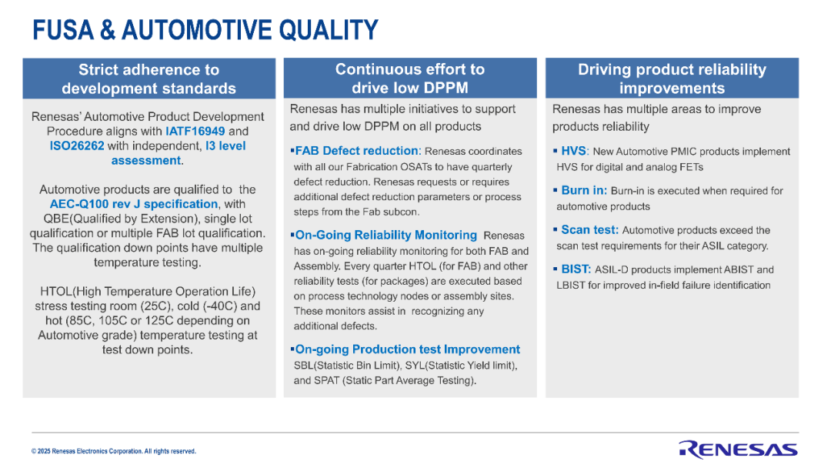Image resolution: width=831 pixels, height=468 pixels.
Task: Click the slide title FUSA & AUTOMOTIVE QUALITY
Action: click(205, 30)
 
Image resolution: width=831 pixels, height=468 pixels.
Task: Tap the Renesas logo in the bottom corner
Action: click(738, 450)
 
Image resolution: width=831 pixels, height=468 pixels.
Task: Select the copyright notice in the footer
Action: click(113, 452)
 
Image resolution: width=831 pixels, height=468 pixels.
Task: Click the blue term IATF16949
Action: click(195, 131)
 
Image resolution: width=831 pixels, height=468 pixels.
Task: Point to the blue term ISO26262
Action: click(77, 145)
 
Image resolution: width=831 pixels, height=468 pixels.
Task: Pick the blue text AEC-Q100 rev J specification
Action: click(134, 204)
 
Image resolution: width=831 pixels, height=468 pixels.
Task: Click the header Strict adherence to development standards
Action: click(149, 79)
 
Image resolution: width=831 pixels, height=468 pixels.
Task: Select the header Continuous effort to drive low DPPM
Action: click(409, 79)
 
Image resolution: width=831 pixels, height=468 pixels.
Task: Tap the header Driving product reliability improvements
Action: click(672, 79)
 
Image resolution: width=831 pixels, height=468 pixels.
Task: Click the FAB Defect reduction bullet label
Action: click(357, 151)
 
